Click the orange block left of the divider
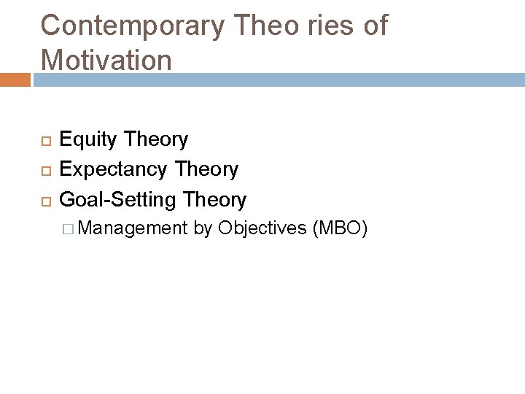(x=15, y=79)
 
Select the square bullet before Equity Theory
(x=43, y=139)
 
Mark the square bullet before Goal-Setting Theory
(x=43, y=200)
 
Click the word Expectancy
(x=118, y=170)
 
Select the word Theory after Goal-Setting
(x=216, y=199)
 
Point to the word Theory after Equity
(x=157, y=139)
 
